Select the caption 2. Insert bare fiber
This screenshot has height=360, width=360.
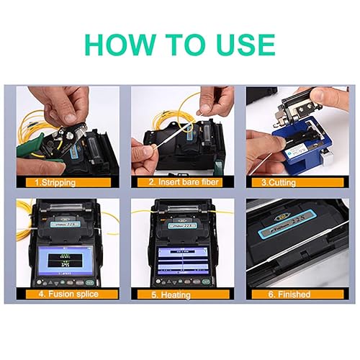179,182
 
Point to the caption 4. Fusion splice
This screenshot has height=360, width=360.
64,294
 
